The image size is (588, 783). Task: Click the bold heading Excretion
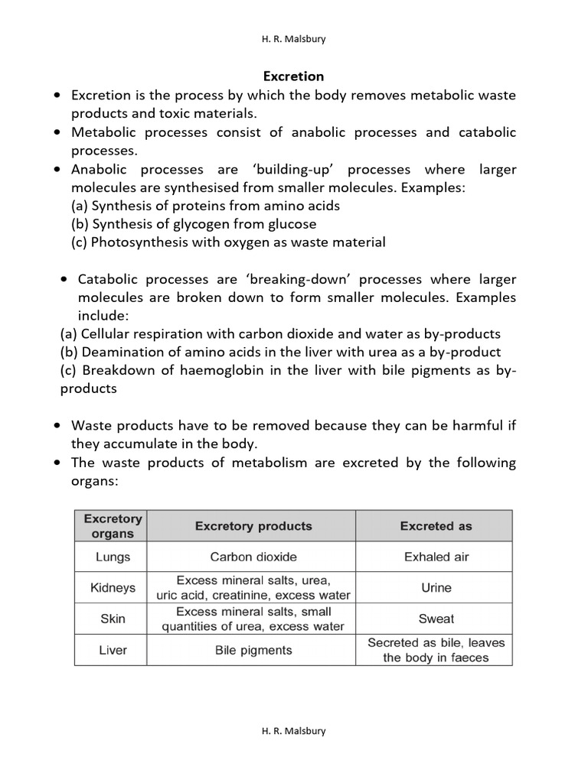click(293, 76)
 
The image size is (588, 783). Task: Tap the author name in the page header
click(293, 39)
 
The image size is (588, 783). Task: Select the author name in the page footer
click(293, 730)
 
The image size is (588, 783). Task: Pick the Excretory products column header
click(253, 526)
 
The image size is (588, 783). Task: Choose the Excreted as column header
click(436, 526)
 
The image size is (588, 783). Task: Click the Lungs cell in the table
click(113, 557)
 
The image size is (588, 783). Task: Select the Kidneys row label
click(113, 588)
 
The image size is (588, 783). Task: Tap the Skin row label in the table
click(113, 619)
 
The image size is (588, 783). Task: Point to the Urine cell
click(436, 588)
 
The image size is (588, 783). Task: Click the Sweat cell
click(436, 619)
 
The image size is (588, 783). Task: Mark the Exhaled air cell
click(436, 557)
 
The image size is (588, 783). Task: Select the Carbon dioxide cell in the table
click(253, 557)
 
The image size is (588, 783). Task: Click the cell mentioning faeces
click(436, 650)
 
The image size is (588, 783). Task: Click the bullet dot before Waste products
click(57, 426)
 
